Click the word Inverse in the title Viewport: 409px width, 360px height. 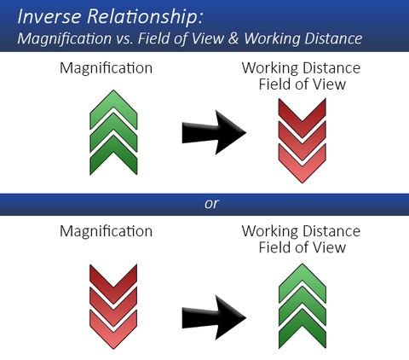coord(49,16)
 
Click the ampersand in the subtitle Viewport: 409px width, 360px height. coord(233,38)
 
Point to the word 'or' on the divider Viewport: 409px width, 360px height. coord(211,204)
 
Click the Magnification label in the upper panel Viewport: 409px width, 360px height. coord(106,68)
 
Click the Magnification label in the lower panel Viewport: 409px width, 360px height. coord(106,231)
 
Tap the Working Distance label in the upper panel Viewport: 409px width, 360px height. coord(301,68)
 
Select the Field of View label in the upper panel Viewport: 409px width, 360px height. coord(302,84)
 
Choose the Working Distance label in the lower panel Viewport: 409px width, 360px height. coord(301,231)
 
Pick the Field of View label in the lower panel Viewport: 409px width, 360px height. coord(302,247)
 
